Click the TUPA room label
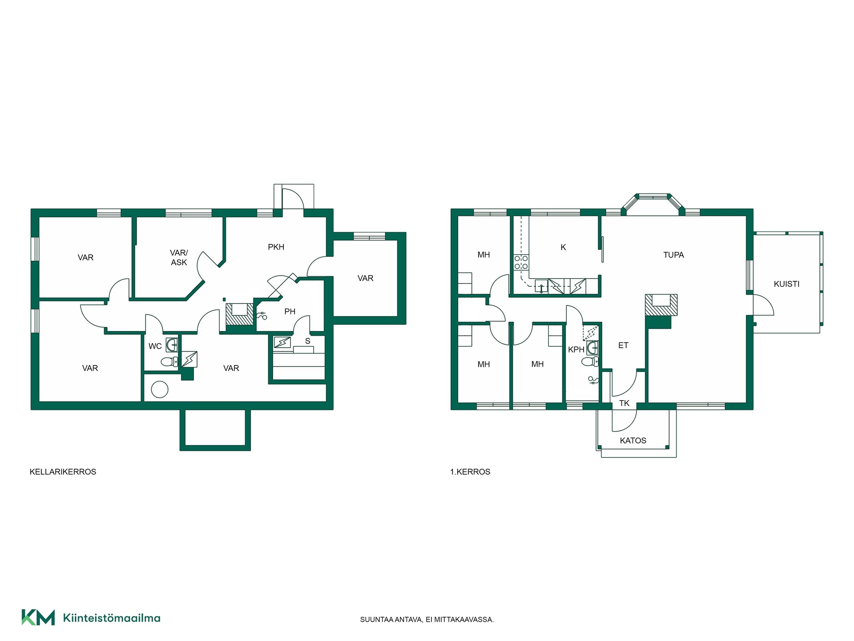coord(673,255)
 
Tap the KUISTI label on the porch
coord(786,284)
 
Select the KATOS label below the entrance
coord(633,441)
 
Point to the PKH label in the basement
coord(276,247)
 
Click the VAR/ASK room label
coord(179,258)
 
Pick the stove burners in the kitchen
coord(521,262)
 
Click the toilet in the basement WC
coord(169,362)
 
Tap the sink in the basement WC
coord(171,344)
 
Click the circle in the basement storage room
coord(160,389)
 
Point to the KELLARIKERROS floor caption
coord(63,472)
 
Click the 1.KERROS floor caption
coord(470,472)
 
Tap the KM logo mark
coord(38,617)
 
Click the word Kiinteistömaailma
coord(112,618)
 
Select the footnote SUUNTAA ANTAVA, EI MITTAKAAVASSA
coord(427,620)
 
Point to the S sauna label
coord(307,341)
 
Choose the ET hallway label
coord(623,345)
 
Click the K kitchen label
coord(563,247)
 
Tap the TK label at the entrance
coord(624,403)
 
